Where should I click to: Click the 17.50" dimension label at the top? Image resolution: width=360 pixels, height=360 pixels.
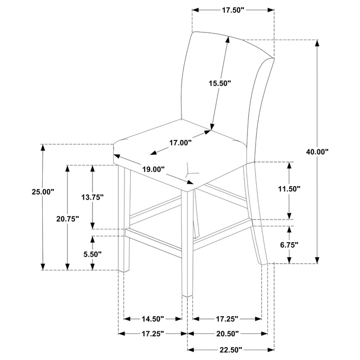[233, 10]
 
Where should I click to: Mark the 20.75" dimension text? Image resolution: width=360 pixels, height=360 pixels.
[67, 219]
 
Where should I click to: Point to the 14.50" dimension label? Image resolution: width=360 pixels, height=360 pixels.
[152, 319]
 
